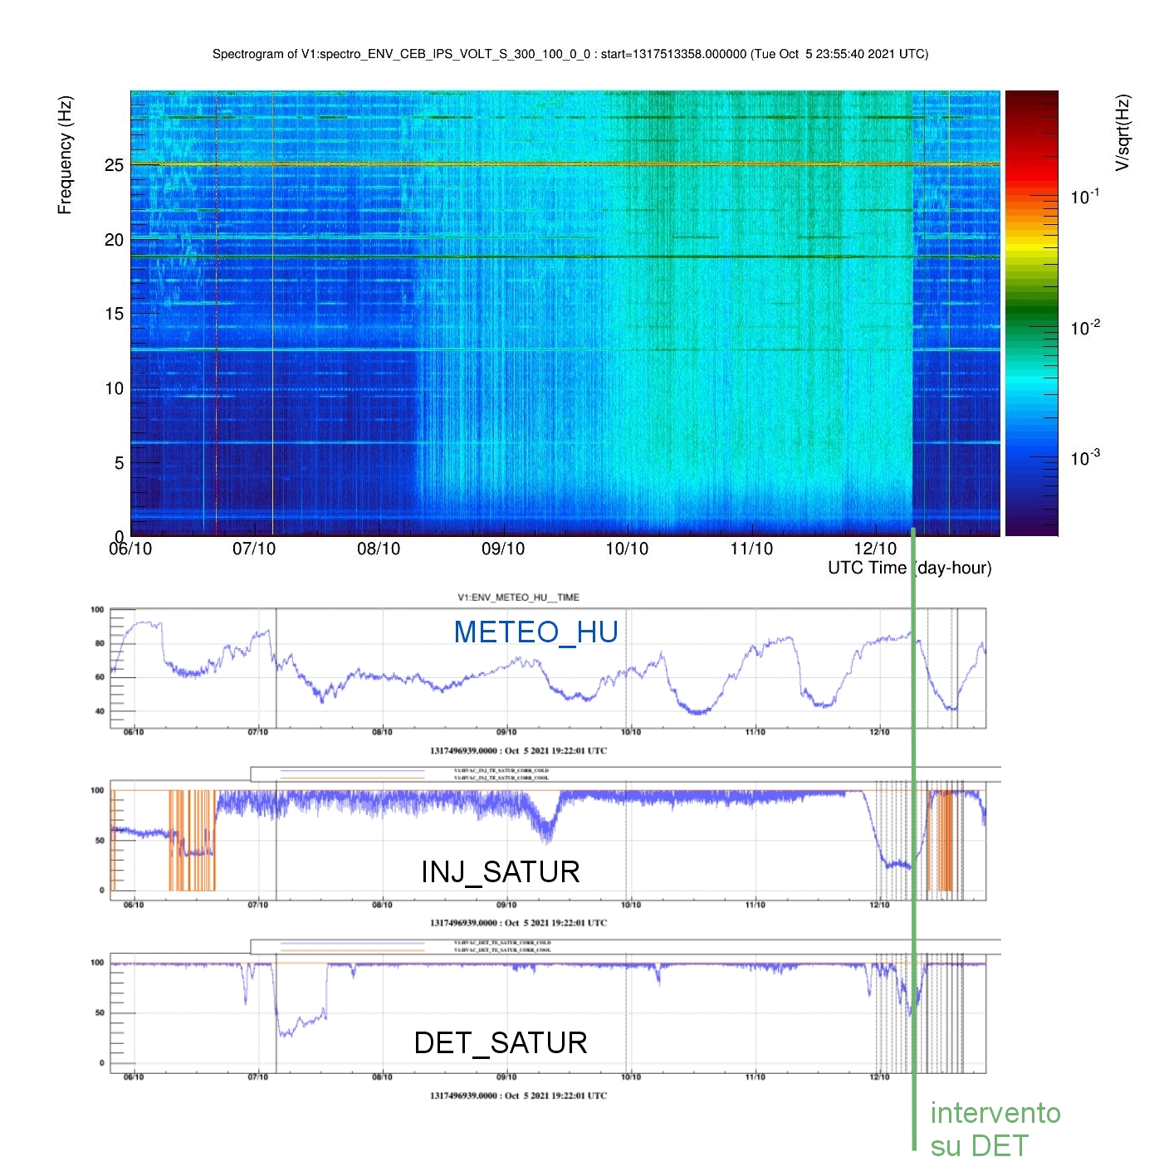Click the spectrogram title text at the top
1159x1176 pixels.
[570, 54]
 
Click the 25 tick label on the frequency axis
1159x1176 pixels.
[114, 165]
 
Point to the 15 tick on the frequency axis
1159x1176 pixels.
[114, 314]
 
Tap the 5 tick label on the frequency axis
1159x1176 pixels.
[119, 463]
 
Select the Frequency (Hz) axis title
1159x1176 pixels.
[65, 155]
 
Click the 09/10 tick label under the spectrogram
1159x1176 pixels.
[503, 549]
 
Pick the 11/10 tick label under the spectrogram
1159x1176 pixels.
[751, 549]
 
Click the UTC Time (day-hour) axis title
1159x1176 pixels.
[909, 568]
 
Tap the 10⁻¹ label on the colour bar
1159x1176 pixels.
[1085, 198]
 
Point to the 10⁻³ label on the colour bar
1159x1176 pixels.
[1085, 458]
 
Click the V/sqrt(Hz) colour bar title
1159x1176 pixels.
[1122, 133]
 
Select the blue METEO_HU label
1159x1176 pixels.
[535, 632]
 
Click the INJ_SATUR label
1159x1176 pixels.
[500, 872]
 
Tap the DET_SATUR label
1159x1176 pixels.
[500, 1043]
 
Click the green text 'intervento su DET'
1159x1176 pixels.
[995, 1129]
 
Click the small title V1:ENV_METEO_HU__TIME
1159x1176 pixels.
[518, 598]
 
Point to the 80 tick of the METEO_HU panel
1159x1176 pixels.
[100, 643]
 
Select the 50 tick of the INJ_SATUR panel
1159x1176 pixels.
[100, 841]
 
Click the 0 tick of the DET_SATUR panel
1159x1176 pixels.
[102, 1063]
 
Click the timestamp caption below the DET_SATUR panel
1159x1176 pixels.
[518, 1095]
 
